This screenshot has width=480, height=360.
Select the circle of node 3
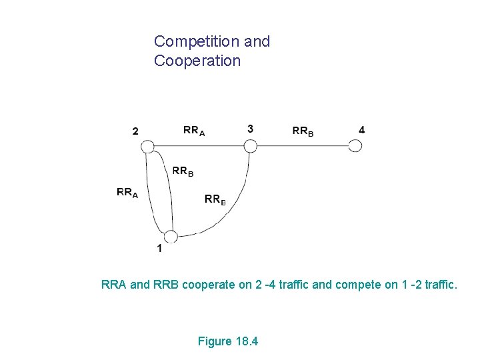coord(250,146)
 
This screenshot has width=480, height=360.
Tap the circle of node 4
coord(355,146)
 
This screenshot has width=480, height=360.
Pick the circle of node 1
coord(171,237)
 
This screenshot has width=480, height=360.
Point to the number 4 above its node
coord(361,129)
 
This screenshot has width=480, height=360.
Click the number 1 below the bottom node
coord(159,249)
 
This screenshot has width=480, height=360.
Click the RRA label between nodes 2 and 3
coord(194,131)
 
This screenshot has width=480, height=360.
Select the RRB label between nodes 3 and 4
coord(303,131)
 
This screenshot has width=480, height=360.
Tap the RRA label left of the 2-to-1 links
coord(127,193)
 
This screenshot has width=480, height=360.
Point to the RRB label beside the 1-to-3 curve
coord(215,199)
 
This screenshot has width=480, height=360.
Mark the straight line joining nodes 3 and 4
coord(303,146)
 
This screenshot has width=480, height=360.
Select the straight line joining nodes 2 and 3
coord(199,146)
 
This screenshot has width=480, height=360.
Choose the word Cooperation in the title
coord(197,61)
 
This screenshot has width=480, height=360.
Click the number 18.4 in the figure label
coord(247,342)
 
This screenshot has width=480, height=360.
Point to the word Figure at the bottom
coord(215,342)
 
